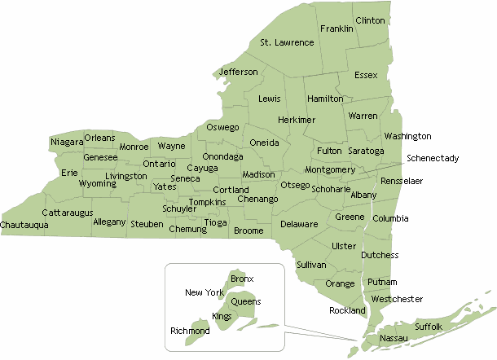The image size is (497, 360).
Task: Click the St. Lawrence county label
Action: click(x=287, y=42)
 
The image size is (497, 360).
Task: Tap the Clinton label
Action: click(x=369, y=20)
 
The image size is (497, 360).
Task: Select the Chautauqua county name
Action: click(x=24, y=224)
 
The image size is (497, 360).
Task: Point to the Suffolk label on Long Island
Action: click(x=429, y=327)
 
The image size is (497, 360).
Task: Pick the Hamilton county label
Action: click(x=326, y=99)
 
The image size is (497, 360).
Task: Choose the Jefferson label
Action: click(x=238, y=72)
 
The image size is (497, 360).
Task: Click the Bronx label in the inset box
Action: click(x=242, y=279)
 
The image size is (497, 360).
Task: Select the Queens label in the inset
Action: click(x=246, y=301)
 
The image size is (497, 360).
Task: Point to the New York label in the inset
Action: click(x=204, y=292)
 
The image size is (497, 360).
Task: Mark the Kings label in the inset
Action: click(x=222, y=315)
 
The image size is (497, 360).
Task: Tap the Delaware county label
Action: click(x=299, y=224)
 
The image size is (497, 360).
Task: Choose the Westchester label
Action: click(x=397, y=299)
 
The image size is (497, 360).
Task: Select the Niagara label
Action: click(x=67, y=143)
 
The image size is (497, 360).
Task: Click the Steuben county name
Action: click(x=147, y=223)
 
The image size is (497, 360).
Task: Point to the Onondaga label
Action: click(x=222, y=156)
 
